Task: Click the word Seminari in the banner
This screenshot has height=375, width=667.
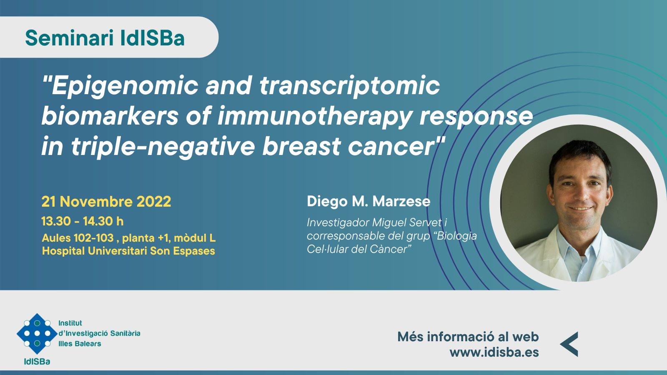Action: (69, 38)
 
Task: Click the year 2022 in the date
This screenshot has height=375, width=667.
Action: (154, 202)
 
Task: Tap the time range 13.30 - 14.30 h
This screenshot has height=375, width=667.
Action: (83, 221)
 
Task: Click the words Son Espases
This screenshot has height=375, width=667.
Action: (182, 251)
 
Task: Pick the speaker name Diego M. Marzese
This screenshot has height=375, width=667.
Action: (369, 202)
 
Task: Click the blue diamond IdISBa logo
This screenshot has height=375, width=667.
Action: (37, 333)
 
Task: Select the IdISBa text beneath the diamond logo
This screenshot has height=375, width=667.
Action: (37, 362)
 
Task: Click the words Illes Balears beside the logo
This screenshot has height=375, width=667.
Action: (80, 344)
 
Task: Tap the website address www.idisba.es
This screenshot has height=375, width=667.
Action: (494, 352)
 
